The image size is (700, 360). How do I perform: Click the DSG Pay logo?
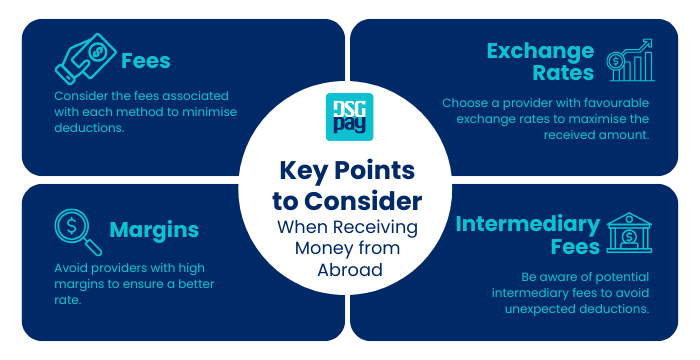pyautogui.click(x=350, y=117)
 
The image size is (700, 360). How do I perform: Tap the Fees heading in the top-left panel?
pyautogui.click(x=145, y=60)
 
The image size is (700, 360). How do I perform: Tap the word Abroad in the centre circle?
pyautogui.click(x=350, y=269)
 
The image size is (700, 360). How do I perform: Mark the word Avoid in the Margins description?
pyautogui.click(x=74, y=268)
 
